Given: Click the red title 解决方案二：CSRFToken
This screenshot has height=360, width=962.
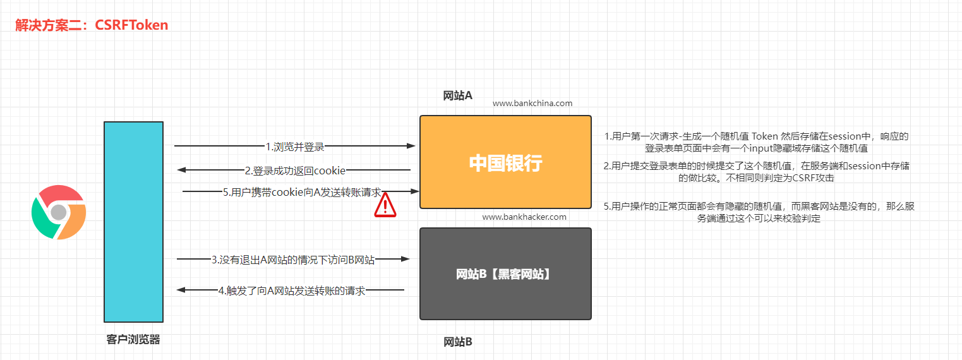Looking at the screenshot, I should [92, 25].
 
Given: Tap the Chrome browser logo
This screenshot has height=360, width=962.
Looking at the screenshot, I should [58, 212].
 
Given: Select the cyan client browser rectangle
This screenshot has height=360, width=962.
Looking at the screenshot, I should [133, 222].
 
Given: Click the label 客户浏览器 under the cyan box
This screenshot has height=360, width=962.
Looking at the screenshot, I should [133, 340].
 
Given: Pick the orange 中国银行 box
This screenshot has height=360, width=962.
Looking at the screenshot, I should [505, 162].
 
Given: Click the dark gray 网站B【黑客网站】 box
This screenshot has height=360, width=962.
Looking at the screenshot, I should [505, 273].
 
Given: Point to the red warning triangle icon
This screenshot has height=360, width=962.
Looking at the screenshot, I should [385, 205].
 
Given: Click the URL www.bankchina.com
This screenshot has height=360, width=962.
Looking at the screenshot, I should [532, 103].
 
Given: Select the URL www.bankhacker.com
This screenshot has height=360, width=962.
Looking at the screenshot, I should [524, 217].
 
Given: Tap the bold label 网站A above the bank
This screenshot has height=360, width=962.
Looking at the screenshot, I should [458, 95].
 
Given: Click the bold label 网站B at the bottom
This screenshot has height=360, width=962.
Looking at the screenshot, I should [458, 342].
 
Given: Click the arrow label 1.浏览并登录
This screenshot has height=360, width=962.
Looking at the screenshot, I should [295, 147].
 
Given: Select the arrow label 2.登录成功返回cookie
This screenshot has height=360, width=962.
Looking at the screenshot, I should [295, 171].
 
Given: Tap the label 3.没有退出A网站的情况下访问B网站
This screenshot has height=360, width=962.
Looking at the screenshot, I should [293, 260].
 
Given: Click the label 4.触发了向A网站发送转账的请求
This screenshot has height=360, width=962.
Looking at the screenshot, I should [292, 291].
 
